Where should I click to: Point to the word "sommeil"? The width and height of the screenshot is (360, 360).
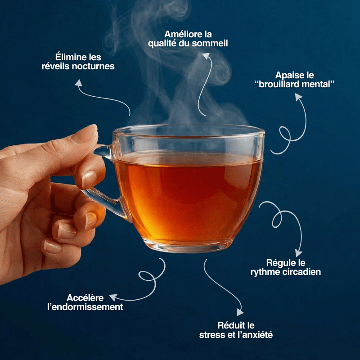point(210,44)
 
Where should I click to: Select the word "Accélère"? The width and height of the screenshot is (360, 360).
point(85,298)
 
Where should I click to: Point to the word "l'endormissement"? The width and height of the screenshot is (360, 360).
point(85,307)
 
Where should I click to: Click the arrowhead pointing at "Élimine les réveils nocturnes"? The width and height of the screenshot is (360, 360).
point(78,83)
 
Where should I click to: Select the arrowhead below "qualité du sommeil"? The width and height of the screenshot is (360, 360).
point(206,56)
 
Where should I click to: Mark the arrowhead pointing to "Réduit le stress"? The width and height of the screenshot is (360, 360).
point(240,312)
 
